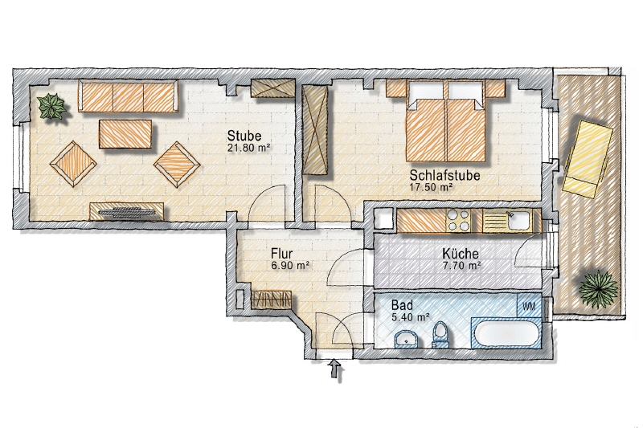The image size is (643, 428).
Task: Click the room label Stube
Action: point(244,135)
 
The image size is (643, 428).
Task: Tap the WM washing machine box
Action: point(529,306)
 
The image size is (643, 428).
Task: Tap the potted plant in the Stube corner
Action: point(53,106)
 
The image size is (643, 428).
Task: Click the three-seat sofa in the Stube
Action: point(128,96)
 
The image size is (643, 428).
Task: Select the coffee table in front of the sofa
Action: point(125,133)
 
